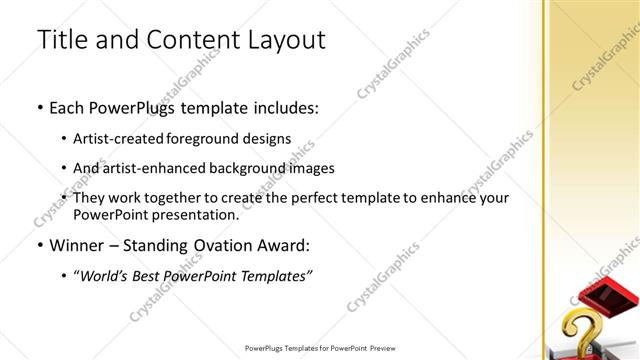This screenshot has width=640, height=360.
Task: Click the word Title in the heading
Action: click(x=61, y=39)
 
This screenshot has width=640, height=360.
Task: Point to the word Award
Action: click(x=283, y=245)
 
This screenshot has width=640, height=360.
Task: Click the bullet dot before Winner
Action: click(x=40, y=245)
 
